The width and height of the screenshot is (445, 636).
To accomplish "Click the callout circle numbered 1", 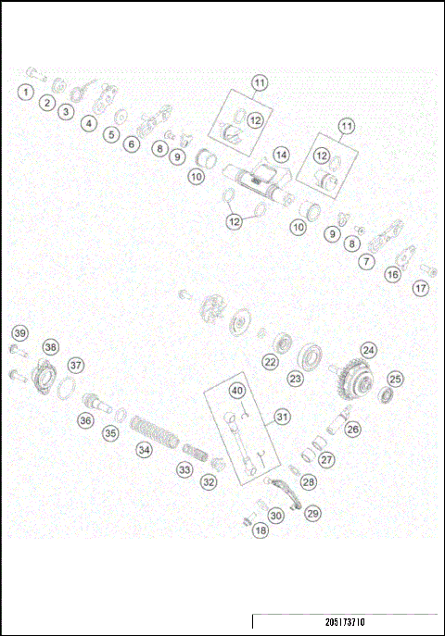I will [25, 92].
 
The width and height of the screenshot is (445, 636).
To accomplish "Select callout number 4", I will [89, 122].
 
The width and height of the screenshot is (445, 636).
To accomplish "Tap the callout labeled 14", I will [280, 154].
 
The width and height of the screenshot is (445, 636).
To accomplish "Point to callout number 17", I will [422, 288].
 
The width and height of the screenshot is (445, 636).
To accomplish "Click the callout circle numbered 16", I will [393, 274].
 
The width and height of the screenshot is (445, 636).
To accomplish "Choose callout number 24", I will [369, 350].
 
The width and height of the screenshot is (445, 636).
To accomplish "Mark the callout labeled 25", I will [395, 378].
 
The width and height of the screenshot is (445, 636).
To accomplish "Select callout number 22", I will [270, 362].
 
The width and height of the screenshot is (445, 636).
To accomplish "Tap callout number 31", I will [282, 417].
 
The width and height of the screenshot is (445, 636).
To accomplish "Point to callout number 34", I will [144, 450].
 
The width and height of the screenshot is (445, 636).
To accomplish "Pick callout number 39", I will [19, 332].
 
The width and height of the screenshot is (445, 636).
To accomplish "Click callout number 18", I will [261, 530].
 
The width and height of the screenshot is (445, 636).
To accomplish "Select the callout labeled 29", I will [312, 513].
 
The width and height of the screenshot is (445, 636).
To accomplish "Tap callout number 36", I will [85, 420].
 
